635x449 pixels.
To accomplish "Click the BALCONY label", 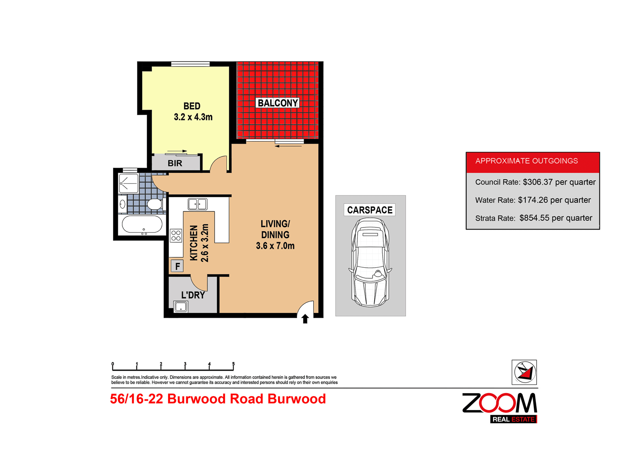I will [x=278, y=103].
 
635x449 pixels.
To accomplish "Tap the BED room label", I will [x=192, y=106].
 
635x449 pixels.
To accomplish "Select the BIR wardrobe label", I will [x=175, y=163].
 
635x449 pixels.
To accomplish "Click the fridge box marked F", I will [x=177, y=266].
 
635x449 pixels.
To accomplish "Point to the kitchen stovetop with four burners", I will [x=176, y=236].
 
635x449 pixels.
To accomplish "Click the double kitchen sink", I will [x=198, y=204].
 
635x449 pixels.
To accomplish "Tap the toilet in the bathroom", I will [x=155, y=205].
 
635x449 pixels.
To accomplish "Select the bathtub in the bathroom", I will [x=142, y=224].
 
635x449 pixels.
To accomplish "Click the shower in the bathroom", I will [x=129, y=183].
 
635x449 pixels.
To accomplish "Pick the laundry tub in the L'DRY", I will [x=181, y=307].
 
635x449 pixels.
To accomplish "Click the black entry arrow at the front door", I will [x=305, y=319].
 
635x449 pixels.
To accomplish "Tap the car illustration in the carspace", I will [x=370, y=263].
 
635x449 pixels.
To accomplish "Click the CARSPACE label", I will [x=370, y=210].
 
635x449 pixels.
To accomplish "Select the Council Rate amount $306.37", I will [x=538, y=182].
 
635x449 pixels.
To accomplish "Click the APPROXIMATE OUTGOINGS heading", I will [x=527, y=161].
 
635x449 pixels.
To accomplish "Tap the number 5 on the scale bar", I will [x=233, y=364].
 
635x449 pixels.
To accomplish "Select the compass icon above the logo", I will [x=524, y=372].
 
